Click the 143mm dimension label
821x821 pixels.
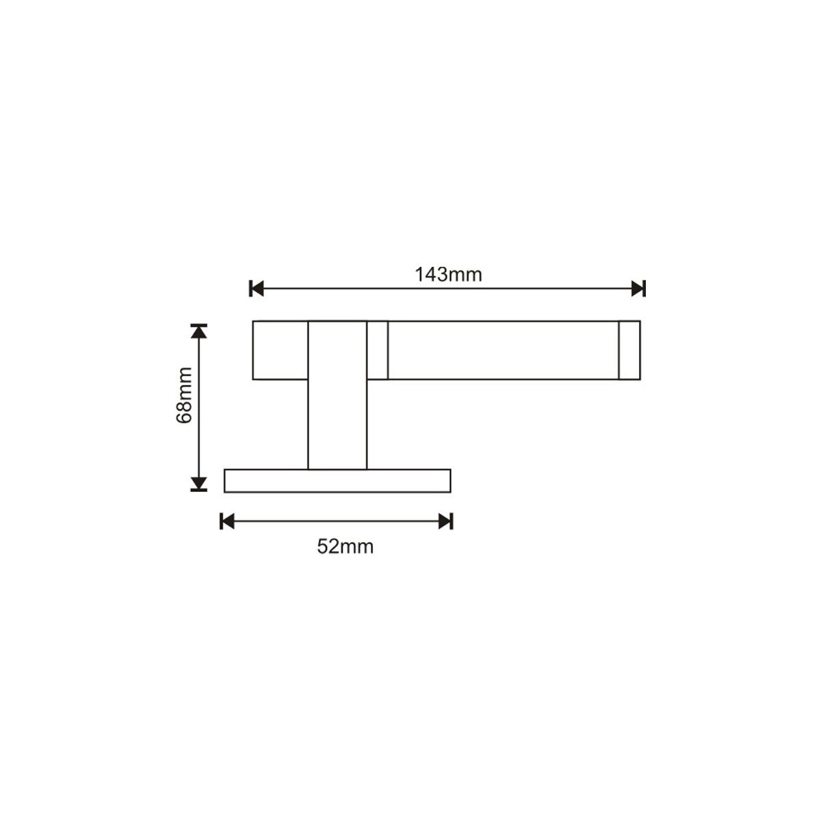coord(448,275)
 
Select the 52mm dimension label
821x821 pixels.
coord(346,547)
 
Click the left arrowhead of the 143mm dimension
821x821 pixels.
coord(257,288)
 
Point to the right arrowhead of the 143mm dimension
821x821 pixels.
coord(638,288)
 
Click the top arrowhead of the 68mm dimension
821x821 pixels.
coord(198,330)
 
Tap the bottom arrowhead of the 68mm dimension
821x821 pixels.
coord(198,484)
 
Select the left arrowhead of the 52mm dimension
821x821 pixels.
coord(227,521)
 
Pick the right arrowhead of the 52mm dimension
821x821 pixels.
coord(445,521)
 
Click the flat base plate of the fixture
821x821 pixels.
coord(337,480)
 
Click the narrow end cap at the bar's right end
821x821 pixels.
coord(629,350)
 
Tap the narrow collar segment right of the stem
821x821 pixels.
coord(378,350)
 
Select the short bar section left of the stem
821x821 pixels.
coord(281,350)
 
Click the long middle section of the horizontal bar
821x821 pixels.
coord(503,350)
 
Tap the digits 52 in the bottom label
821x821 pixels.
coord(328,547)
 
